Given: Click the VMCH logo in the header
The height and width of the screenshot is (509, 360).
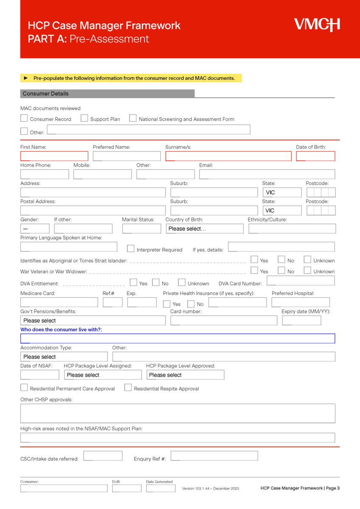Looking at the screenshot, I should tap(317, 25).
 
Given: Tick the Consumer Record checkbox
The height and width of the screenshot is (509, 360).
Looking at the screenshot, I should tap(24, 118).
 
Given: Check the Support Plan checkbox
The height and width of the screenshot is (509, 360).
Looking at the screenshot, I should tap(84, 118).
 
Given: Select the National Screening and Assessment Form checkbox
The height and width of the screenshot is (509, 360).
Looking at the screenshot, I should tap(133, 118).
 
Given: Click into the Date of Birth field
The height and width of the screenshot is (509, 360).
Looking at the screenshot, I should tap(315, 156).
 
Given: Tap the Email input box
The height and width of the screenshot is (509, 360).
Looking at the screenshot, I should tap(267, 174).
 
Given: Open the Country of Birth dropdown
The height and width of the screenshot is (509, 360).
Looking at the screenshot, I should tap(204, 229).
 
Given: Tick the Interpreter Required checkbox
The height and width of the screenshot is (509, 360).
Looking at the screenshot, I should tap(131, 249).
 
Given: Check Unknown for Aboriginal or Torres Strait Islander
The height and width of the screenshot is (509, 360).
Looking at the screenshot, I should tap(307, 260).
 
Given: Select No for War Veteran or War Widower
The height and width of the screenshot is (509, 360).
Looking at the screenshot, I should tap(281, 270).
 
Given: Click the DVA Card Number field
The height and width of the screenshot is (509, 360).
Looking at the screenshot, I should tap(301, 281).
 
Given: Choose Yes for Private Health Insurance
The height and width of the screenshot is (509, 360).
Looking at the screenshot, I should tap(167, 304).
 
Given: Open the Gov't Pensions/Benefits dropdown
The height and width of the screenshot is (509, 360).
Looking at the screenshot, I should tap(93, 321).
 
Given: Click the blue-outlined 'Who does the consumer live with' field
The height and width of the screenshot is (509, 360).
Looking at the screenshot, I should tap(177, 338).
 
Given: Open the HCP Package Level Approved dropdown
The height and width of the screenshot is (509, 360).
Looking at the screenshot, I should tap(185, 375).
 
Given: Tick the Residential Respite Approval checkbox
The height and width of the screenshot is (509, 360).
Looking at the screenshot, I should tap(128, 388).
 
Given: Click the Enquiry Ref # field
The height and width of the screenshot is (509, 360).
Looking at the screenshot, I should tap(214, 456).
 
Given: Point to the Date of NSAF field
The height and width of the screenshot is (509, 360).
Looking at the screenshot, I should tap(39, 375).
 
